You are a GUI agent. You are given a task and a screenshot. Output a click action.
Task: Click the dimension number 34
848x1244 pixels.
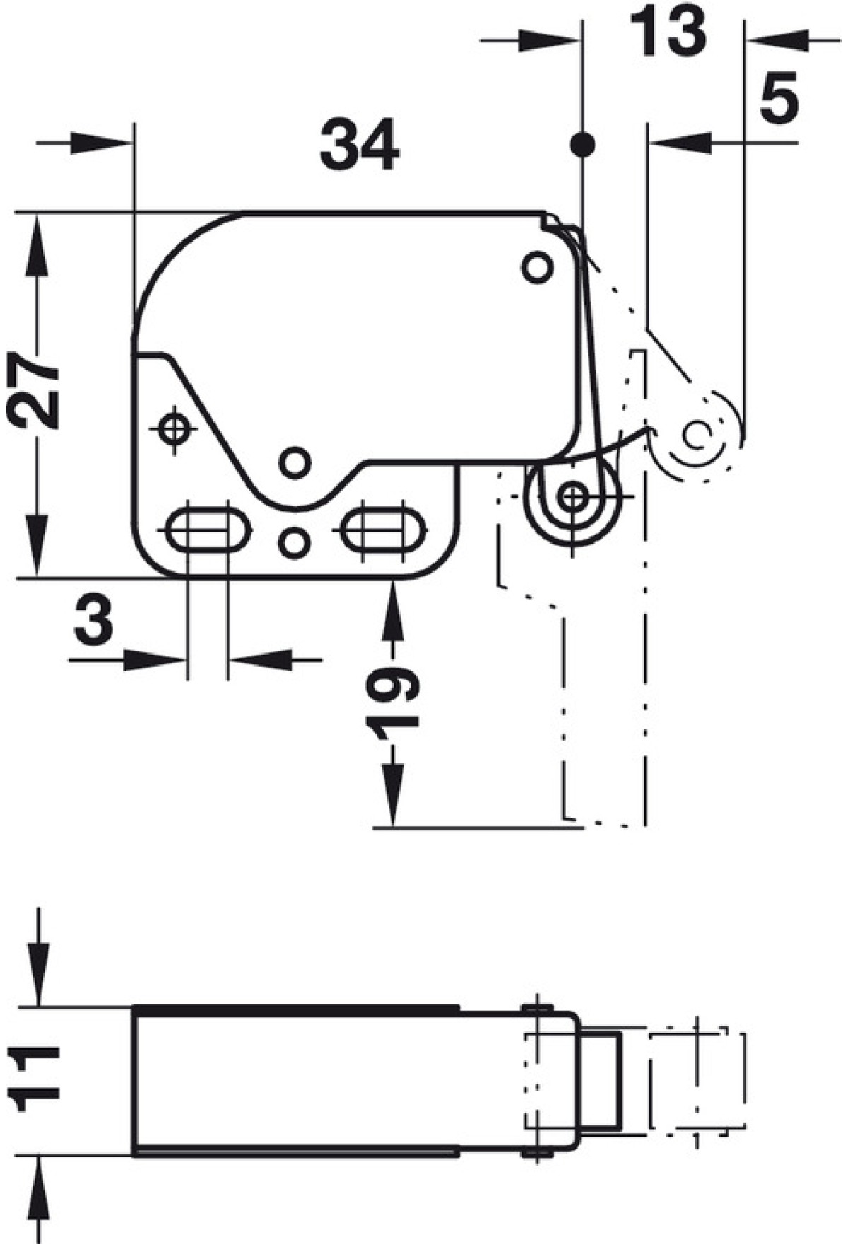(x=360, y=145)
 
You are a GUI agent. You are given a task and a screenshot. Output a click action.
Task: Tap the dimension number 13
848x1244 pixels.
(x=667, y=30)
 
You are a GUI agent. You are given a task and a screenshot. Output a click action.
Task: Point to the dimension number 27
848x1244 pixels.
(x=33, y=392)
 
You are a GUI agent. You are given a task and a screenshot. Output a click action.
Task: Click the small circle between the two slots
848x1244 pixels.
(x=295, y=542)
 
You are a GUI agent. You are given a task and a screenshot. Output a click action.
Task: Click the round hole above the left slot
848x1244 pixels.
(x=295, y=462)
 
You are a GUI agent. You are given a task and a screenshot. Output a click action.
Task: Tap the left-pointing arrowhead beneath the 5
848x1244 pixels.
(x=681, y=143)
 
